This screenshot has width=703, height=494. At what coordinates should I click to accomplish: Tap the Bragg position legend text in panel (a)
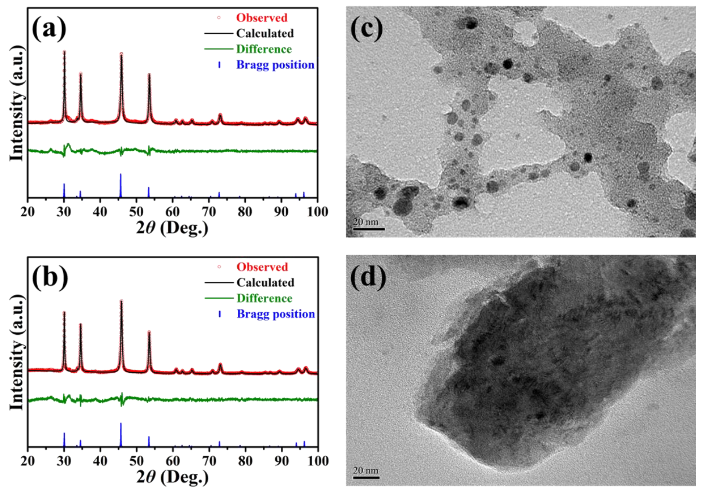click(x=275, y=65)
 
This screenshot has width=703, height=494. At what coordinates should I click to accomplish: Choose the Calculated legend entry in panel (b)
click(x=265, y=282)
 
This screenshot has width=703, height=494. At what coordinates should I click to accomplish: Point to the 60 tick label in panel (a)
click(x=172, y=212)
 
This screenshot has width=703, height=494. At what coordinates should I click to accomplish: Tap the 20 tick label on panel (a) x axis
click(x=28, y=212)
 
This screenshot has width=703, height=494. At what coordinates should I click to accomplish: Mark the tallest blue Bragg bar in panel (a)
click(x=121, y=185)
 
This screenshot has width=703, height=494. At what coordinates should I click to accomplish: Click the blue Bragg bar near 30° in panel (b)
click(x=64, y=439)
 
